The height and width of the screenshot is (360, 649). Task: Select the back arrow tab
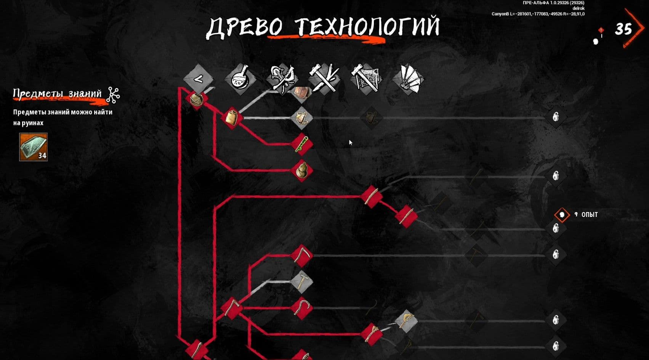pyautogui.click(x=199, y=79)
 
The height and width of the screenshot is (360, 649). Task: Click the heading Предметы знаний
pyautogui.click(x=58, y=94)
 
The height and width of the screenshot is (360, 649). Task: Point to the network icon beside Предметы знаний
pyautogui.click(x=113, y=95)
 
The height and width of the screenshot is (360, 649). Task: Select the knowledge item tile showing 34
pyautogui.click(x=33, y=147)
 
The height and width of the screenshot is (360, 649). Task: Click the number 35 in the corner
pyautogui.click(x=623, y=29)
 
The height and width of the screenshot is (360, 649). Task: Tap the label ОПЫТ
pyautogui.click(x=590, y=215)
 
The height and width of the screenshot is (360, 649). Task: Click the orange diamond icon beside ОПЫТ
pyautogui.click(x=562, y=215)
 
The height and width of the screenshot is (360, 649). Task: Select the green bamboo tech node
pyautogui.click(x=302, y=144)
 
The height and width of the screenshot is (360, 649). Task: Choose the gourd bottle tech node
pyautogui.click(x=302, y=170)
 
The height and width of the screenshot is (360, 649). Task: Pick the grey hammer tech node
pyautogui.click(x=302, y=281)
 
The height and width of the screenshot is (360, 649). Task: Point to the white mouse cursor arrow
pyautogui.click(x=351, y=143)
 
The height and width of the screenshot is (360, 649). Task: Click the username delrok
pyautogui.click(x=578, y=8)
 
